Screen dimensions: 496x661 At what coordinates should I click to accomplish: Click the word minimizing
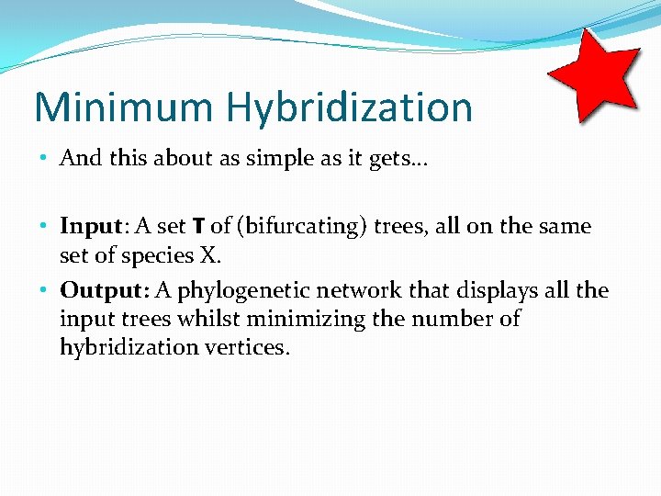[x=302, y=320]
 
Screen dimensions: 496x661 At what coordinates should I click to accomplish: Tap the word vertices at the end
[x=248, y=347]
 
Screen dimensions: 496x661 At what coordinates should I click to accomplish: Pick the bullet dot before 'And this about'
[x=46, y=158]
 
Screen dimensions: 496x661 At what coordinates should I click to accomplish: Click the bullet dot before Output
[x=46, y=291]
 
